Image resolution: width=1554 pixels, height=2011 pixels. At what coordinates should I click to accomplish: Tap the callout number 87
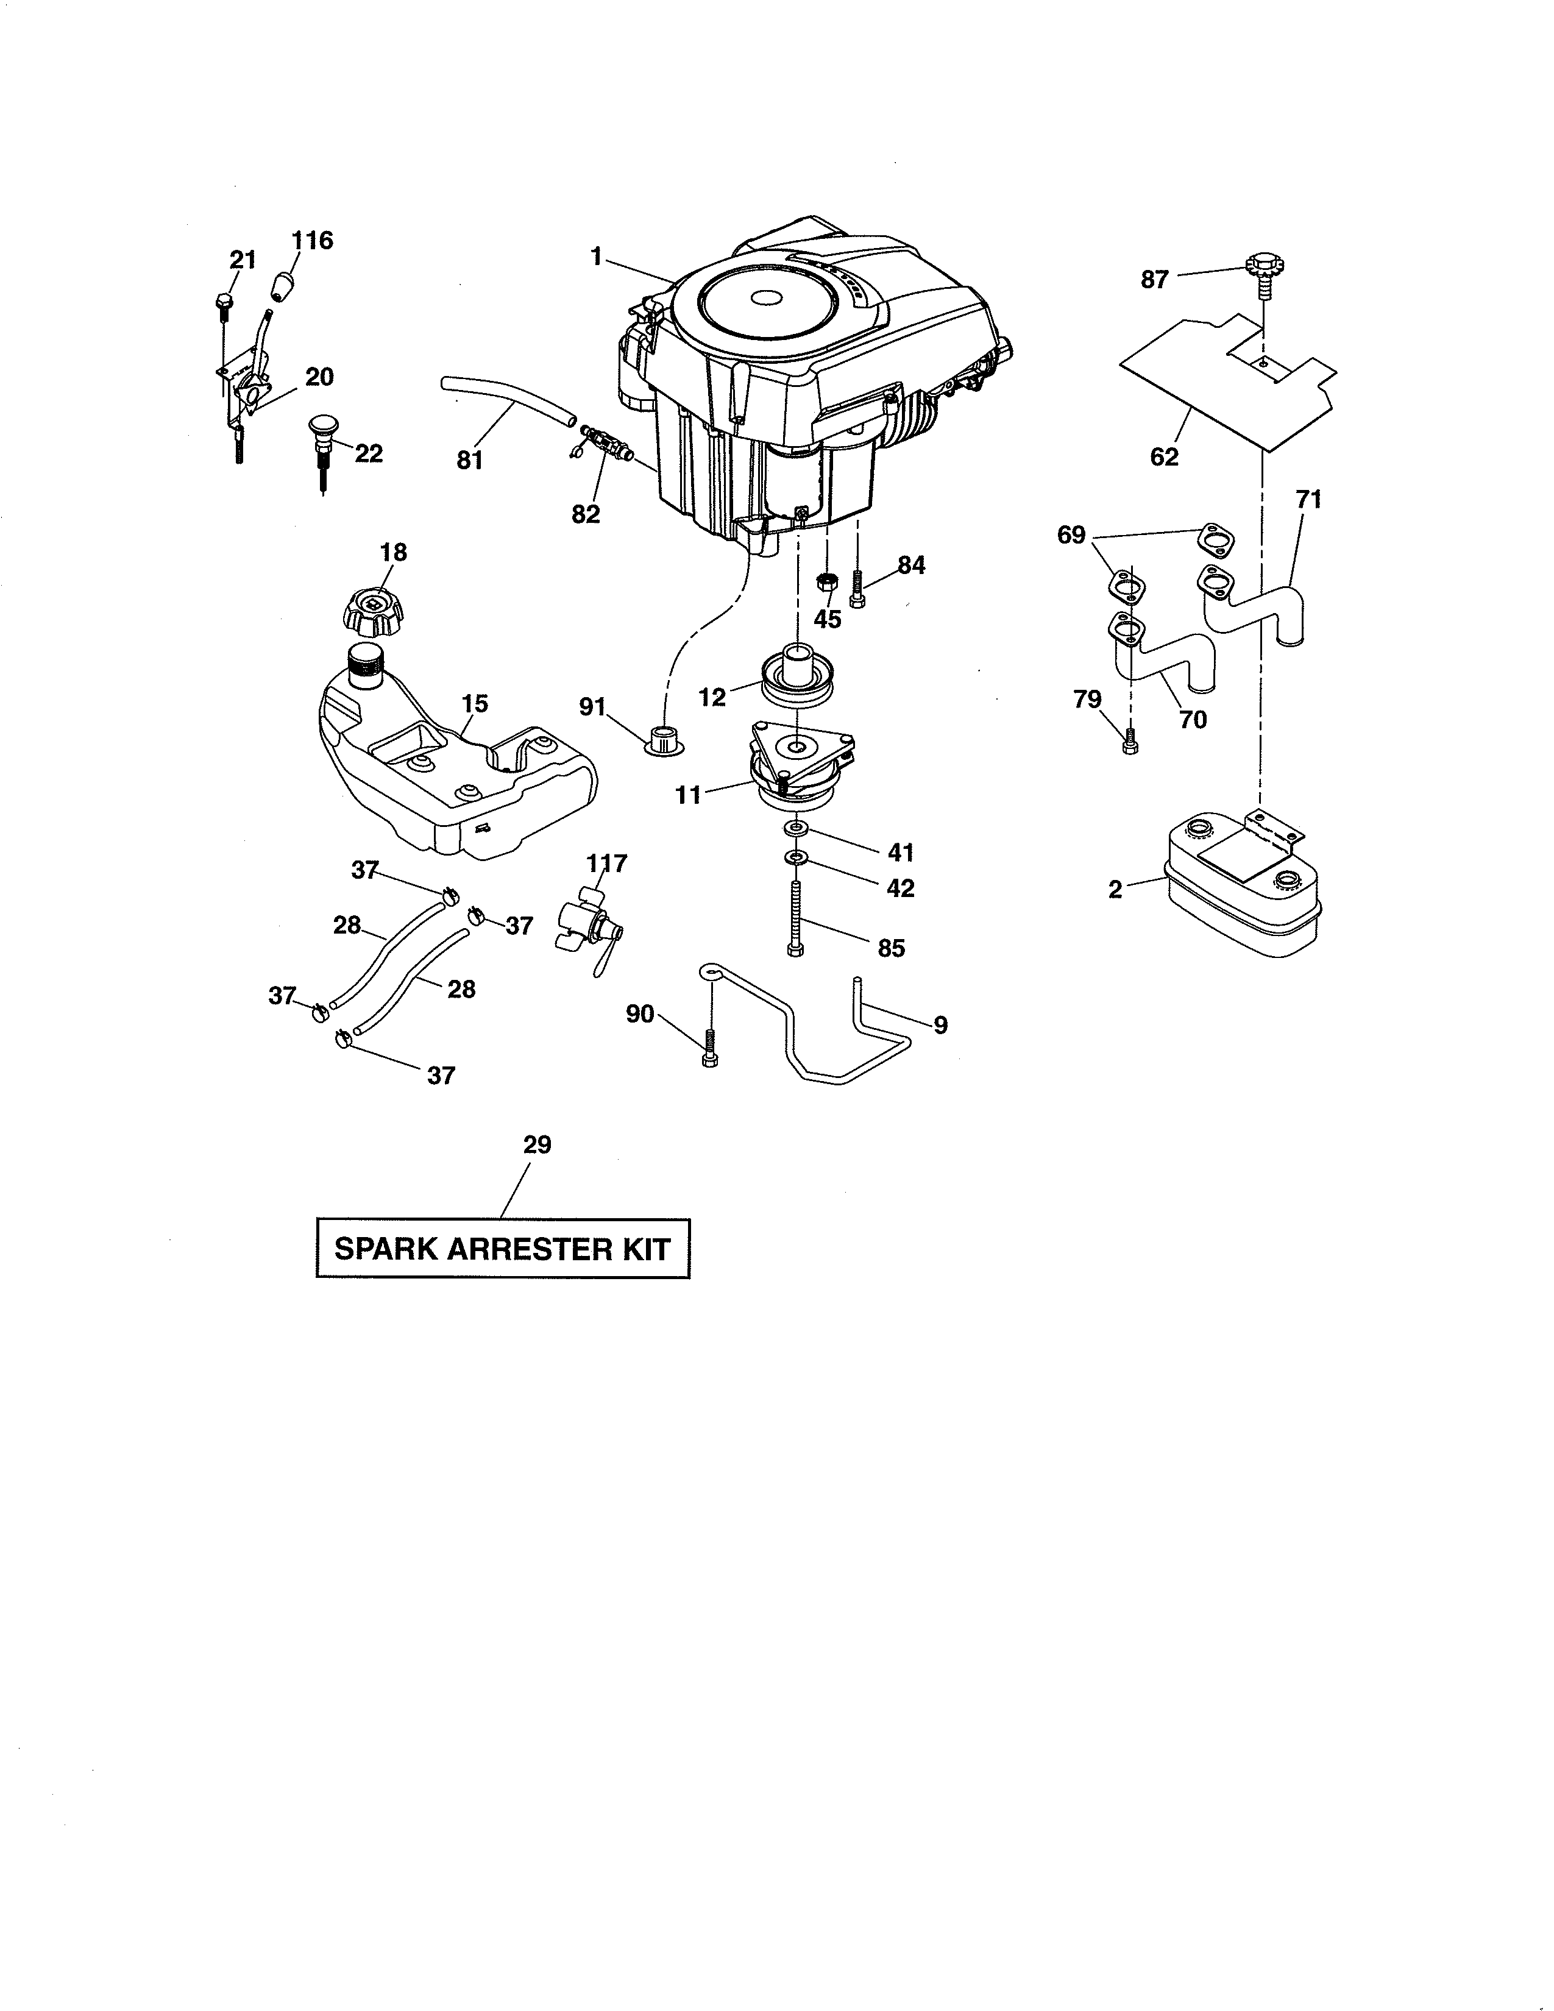pyautogui.click(x=1154, y=279)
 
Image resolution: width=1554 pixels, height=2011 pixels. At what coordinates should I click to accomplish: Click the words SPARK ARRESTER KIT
pyautogui.click(x=503, y=1249)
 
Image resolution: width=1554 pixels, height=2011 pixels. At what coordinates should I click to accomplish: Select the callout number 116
pyautogui.click(x=312, y=240)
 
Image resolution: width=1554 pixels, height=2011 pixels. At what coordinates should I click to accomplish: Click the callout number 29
pyautogui.click(x=537, y=1144)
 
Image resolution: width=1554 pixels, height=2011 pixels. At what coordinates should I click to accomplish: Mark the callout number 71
pyautogui.click(x=1308, y=499)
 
